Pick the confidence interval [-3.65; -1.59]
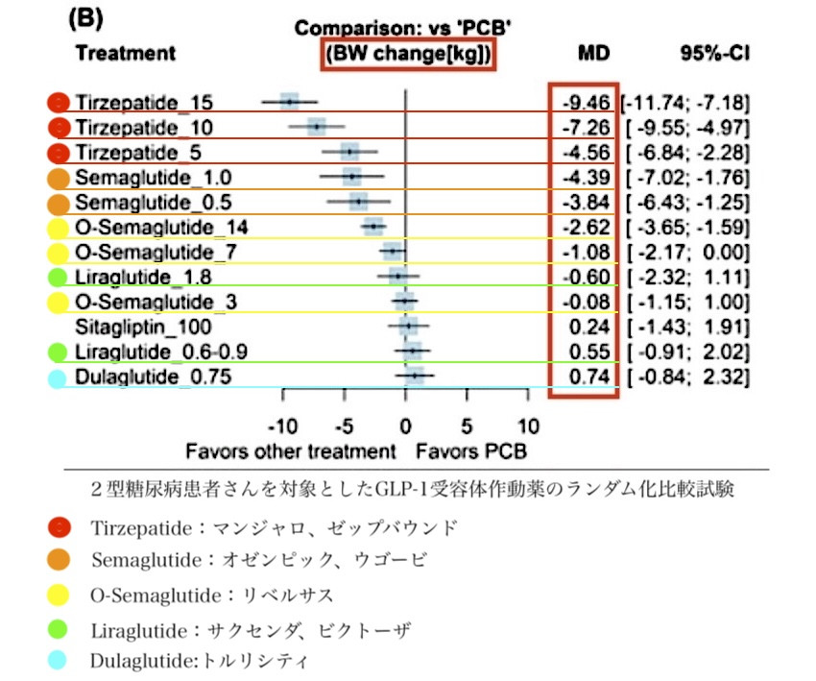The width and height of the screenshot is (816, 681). [686, 227]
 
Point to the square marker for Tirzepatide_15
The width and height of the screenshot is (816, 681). [290, 101]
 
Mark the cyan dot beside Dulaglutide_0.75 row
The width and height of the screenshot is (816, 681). [58, 377]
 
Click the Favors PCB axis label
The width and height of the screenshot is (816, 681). [470, 450]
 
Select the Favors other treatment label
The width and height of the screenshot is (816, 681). [291, 450]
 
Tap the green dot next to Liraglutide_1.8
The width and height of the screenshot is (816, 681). [58, 278]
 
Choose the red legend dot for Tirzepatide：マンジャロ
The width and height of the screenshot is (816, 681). [59, 527]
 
